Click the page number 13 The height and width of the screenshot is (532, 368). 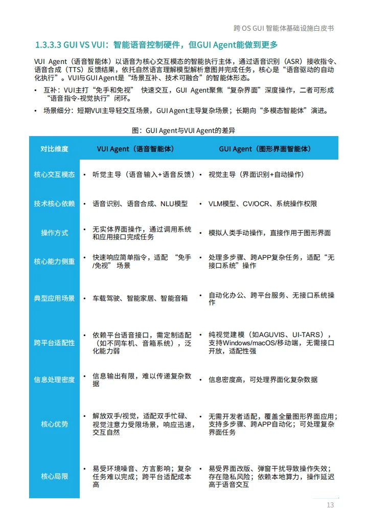point(330,505)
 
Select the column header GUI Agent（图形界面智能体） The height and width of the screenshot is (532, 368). point(265,149)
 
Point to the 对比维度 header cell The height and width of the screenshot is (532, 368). point(54,149)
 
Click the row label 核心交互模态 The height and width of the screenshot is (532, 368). point(54,174)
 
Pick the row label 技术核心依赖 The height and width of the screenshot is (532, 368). point(54,204)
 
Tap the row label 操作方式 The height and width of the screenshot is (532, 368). point(54,233)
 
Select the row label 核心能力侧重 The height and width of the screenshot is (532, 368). point(54,261)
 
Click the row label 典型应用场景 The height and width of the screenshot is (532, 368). point(54,298)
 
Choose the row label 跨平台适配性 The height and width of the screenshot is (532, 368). point(54,343)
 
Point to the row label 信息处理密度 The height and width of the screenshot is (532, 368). point(54,380)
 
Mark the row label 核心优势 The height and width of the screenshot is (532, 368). point(54,424)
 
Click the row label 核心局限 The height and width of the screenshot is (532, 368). point(54,476)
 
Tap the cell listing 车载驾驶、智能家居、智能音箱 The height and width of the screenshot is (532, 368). point(140,298)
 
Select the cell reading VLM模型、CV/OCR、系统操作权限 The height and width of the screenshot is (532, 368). point(263,204)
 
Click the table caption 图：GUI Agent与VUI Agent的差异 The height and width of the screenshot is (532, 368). point(183,130)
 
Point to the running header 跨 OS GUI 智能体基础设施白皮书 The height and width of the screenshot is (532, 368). point(284,28)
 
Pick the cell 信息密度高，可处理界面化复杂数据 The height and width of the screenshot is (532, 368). point(263,380)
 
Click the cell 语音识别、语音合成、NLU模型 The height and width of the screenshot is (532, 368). point(140,204)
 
